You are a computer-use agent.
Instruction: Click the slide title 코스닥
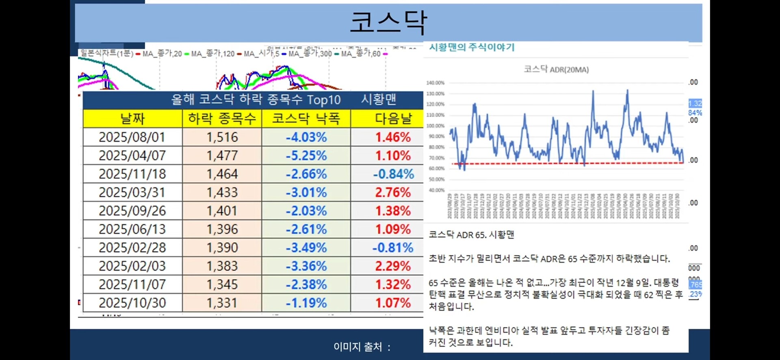tap(388, 22)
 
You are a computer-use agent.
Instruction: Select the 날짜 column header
tap(132, 119)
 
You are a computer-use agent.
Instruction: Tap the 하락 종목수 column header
tap(222, 119)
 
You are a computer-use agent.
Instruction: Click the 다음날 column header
tap(393, 119)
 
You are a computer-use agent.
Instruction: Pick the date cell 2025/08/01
tap(132, 137)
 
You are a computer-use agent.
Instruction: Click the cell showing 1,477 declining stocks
tap(222, 156)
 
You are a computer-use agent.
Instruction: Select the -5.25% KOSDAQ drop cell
tap(306, 156)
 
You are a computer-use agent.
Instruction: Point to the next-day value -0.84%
tap(393, 174)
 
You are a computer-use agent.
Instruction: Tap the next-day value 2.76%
tap(392, 192)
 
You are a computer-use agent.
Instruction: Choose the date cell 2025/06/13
tap(132, 229)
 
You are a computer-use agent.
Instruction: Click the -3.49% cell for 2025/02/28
tap(306, 247)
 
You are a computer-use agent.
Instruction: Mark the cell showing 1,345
tap(222, 284)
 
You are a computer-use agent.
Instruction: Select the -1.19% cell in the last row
tap(306, 303)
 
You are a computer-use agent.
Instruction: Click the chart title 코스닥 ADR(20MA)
tap(556, 69)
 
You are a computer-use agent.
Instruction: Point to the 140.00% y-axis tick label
tap(435, 83)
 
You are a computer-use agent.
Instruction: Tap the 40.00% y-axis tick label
tap(436, 190)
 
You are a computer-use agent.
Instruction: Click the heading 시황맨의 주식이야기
tap(472, 48)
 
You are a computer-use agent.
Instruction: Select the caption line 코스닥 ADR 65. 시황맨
tap(471, 235)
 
